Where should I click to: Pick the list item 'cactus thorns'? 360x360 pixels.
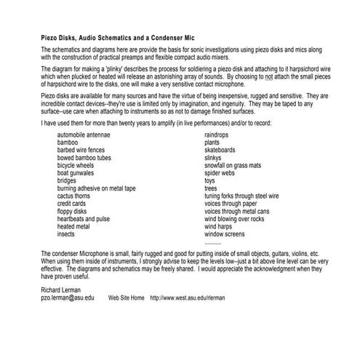[76, 196]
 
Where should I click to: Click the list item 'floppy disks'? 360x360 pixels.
[74, 212]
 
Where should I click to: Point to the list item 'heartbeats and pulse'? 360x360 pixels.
[84, 219]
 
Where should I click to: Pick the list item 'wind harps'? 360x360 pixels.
[220, 227]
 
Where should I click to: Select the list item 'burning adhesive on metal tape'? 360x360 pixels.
[96, 188]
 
